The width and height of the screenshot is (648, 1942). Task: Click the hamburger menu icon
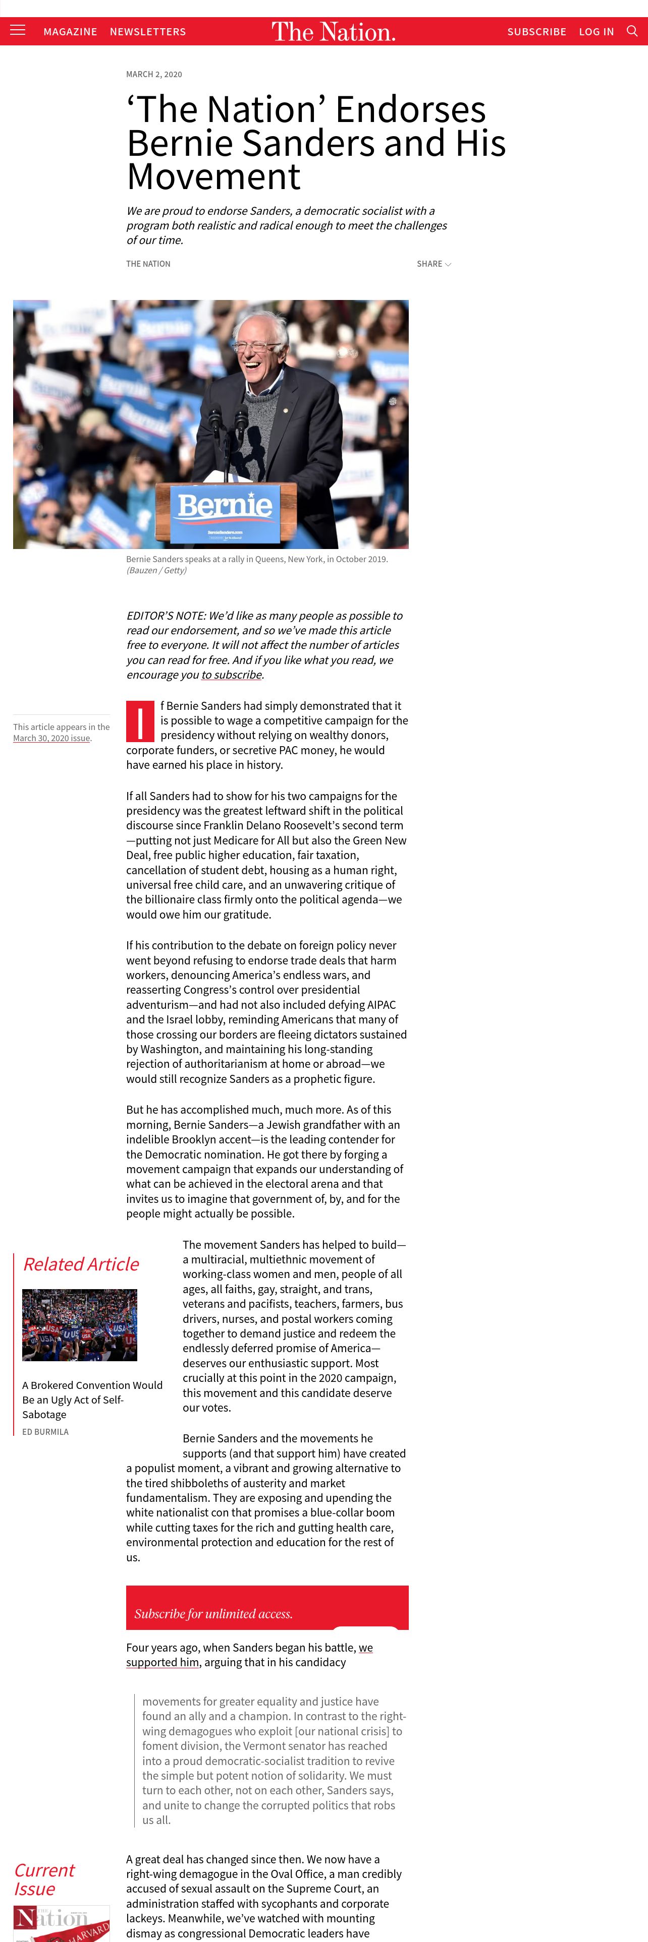pos(17,30)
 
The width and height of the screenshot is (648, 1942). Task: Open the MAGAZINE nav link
pos(70,32)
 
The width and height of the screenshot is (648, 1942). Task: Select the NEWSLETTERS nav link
pos(148,32)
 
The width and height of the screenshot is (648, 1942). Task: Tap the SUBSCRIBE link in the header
pos(536,32)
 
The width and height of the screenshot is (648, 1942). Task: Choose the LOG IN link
pos(596,32)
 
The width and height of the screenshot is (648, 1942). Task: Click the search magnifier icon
pos(632,31)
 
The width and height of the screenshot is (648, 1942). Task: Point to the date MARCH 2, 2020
pos(154,75)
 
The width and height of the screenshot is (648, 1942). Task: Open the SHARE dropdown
pos(434,264)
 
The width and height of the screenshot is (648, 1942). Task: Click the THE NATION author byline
pos(148,264)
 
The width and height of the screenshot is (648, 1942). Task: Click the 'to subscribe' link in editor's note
pos(232,675)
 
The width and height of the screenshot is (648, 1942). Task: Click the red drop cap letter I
pos(140,721)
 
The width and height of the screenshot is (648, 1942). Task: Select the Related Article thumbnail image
pos(79,1324)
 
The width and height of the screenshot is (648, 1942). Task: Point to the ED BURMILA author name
pos(45,1432)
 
